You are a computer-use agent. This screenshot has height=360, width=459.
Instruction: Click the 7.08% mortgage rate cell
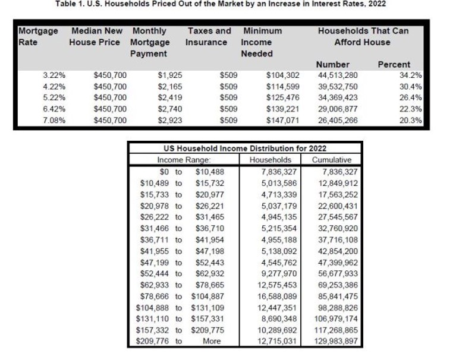(x=54, y=120)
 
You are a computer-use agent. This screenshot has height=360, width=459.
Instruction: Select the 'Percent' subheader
(x=394, y=64)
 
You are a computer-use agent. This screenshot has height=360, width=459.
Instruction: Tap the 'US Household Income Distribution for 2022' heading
(x=244, y=149)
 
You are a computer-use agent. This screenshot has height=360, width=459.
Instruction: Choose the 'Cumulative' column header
(x=332, y=160)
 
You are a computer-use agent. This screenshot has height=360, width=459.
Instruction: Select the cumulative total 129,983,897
(x=332, y=341)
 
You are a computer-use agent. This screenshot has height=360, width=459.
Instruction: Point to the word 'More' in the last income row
(x=212, y=341)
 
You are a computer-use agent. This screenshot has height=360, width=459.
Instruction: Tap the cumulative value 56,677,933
(x=332, y=273)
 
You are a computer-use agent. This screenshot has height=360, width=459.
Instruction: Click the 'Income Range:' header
(x=179, y=160)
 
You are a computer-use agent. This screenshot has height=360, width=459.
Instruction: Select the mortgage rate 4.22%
(x=54, y=87)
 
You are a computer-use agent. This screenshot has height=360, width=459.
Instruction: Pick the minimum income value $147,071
(x=283, y=120)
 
